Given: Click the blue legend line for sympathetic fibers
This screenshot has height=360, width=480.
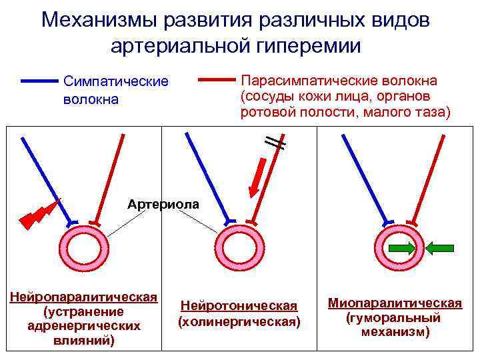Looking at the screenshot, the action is (40, 81).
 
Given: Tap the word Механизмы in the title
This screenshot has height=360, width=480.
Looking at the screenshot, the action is (98, 19).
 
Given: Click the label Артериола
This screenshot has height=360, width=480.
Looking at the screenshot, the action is (163, 203).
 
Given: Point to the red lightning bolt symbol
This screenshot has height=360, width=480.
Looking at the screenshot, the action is (37, 213).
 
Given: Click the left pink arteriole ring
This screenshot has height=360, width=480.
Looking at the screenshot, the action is (83, 246).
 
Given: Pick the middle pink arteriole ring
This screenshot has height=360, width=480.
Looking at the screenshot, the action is (235, 247).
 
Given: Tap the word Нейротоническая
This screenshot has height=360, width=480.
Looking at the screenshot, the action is (239, 305).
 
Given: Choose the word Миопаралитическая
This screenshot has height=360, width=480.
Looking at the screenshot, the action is (395, 303).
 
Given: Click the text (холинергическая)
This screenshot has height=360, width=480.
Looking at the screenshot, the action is (239, 321).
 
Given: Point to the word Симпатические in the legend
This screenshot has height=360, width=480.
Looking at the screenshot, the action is (115, 81).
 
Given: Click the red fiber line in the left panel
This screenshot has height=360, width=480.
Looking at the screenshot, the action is (111, 177).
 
